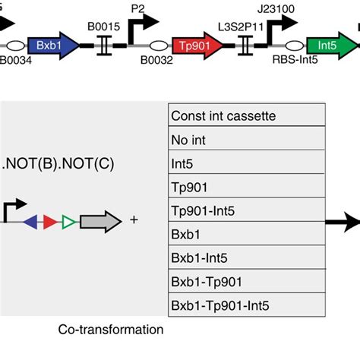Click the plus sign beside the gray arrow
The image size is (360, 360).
click(x=134, y=221)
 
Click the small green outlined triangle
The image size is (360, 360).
click(x=68, y=222)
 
